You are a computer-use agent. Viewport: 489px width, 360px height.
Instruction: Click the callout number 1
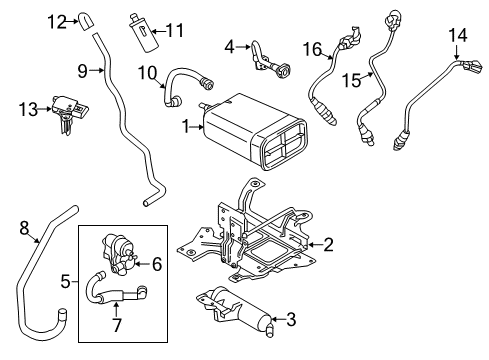point(184,127)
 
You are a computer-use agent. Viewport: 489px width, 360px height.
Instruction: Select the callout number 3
point(291,319)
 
